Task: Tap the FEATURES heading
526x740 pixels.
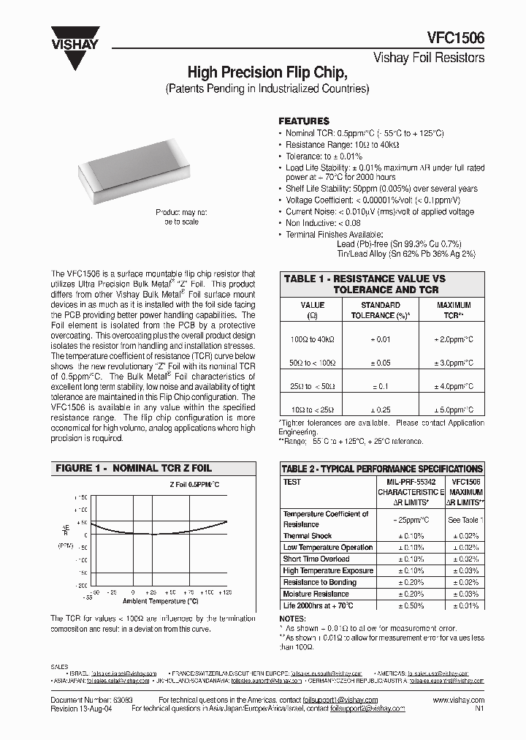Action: [x=304, y=121]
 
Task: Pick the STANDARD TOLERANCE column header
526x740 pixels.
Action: [x=381, y=310]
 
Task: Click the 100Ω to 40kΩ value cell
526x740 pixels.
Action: [x=312, y=339]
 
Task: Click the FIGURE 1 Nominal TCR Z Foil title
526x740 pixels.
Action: [x=134, y=468]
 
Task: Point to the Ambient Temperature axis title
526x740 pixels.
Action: [x=160, y=601]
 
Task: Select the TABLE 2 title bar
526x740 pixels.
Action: [x=382, y=468]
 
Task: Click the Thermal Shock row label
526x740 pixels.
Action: [x=308, y=536]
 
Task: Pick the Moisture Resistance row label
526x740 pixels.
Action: [x=316, y=594]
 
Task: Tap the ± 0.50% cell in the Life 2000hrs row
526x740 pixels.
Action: [x=411, y=605]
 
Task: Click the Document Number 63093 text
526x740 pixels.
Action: [x=86, y=700]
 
